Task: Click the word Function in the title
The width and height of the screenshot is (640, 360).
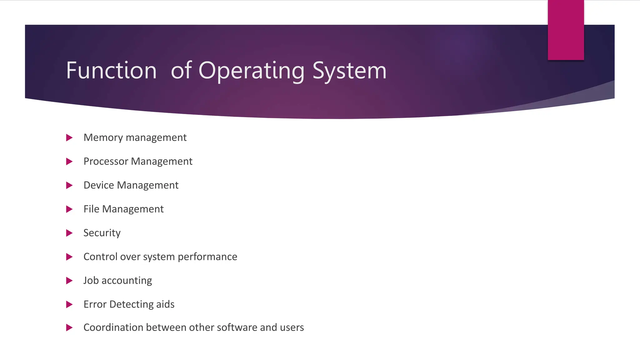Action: click(111, 70)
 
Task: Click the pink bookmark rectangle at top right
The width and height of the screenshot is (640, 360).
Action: click(566, 30)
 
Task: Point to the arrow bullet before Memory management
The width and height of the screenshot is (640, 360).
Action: click(69, 137)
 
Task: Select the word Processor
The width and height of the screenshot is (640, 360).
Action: click(106, 161)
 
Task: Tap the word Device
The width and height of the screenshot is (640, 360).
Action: click(99, 185)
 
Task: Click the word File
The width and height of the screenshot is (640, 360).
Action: click(91, 209)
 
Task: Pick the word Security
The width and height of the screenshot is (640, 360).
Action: click(102, 233)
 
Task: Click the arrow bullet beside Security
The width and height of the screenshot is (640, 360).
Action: click(69, 233)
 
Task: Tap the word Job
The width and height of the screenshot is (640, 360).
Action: click(91, 280)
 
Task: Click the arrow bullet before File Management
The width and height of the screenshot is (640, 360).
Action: click(69, 209)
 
